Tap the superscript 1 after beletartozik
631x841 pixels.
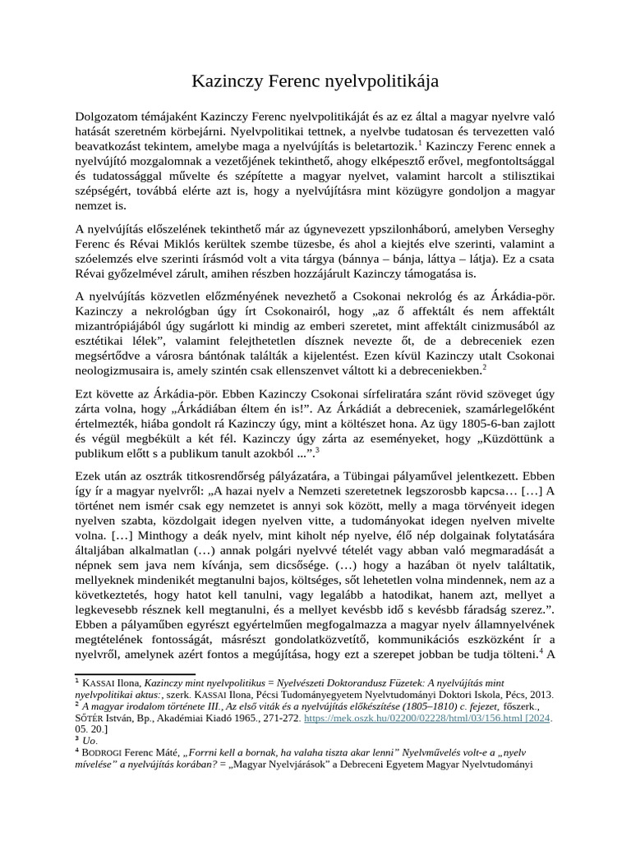(398, 144)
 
